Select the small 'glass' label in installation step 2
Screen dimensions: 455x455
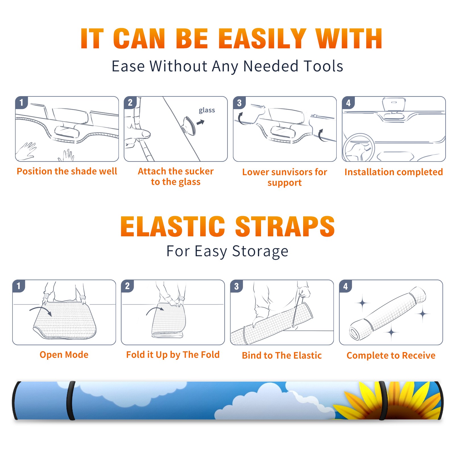tap(207, 110)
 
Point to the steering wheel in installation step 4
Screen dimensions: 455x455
tap(359, 148)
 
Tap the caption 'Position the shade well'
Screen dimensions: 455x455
tap(67, 171)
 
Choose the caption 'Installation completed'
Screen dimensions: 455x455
tap(394, 172)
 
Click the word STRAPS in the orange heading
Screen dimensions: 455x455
tap(285, 226)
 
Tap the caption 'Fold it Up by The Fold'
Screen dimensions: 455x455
tap(173, 355)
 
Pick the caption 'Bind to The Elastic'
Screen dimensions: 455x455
tap(282, 355)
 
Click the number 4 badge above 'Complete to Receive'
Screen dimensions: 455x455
tap(346, 286)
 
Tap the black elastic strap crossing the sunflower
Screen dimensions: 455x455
tap(383, 400)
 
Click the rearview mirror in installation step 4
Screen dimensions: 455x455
tap(394, 105)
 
